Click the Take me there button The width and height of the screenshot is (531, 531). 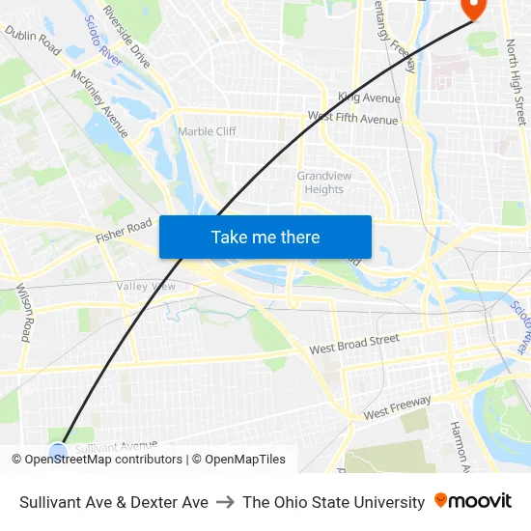265,237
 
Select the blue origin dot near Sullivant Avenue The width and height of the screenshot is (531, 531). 58,450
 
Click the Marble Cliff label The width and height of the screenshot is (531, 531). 207,131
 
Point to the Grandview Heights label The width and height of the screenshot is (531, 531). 320,182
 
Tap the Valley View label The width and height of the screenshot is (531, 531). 146,287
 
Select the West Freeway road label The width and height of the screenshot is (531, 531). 397,407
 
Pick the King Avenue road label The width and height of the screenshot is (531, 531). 369,98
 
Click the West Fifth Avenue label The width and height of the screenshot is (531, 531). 352,118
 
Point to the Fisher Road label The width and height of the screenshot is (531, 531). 124,230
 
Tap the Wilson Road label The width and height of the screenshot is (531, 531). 25,312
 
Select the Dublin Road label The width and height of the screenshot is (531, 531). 33,41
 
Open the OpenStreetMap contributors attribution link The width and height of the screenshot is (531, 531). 101,460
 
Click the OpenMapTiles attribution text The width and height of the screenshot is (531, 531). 244,460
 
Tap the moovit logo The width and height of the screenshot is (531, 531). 473,501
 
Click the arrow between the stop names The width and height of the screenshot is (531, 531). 225,502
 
